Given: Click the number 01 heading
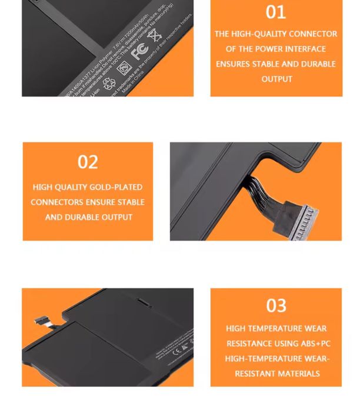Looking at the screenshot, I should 276,12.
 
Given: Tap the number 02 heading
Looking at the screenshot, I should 88,162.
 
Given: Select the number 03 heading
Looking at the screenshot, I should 276,305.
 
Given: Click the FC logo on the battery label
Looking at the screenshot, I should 139,52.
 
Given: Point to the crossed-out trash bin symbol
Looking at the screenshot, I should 155,36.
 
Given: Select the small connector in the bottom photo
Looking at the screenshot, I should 42,321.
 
